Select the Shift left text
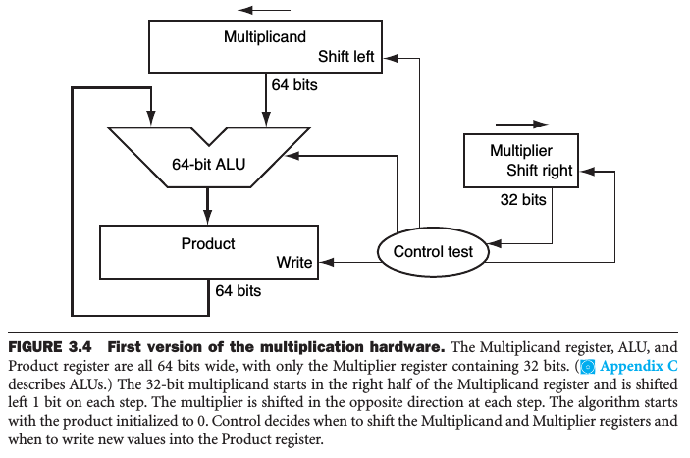(x=353, y=56)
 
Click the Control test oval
(x=433, y=251)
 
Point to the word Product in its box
(x=208, y=242)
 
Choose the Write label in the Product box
(x=294, y=262)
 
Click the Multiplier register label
(x=521, y=151)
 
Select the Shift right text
(x=539, y=171)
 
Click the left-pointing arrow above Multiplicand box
(x=258, y=11)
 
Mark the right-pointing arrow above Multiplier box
(x=521, y=125)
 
